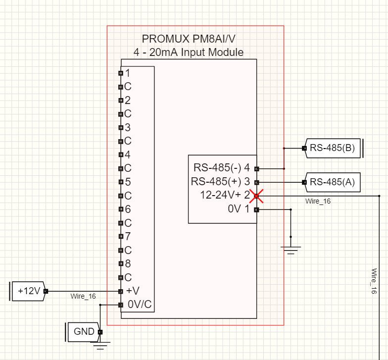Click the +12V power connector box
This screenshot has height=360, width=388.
pyautogui.click(x=29, y=291)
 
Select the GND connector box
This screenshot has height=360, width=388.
pyautogui.click(x=83, y=331)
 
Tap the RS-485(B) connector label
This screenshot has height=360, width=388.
pyautogui.click(x=332, y=148)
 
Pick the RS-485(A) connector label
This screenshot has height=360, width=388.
pyautogui.click(x=332, y=182)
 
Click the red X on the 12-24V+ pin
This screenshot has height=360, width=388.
pyautogui.click(x=256, y=196)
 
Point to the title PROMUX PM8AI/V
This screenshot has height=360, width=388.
pyautogui.click(x=188, y=39)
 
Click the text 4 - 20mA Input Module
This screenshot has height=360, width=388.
pyautogui.click(x=188, y=52)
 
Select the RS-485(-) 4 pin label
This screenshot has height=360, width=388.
pyautogui.click(x=221, y=168)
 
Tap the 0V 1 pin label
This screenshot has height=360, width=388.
pyautogui.click(x=239, y=209)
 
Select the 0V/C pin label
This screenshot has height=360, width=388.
pyautogui.click(x=139, y=305)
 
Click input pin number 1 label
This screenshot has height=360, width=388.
pyautogui.click(x=128, y=73)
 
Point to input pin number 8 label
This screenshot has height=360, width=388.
pyautogui.click(x=128, y=263)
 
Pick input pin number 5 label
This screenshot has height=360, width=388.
pyautogui.click(x=128, y=182)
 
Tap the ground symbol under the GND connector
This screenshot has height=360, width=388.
pyautogui.click(x=100, y=345)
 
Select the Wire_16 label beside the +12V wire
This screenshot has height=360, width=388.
pyautogui.click(x=83, y=296)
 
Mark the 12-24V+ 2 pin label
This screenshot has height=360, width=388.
pyautogui.click(x=224, y=195)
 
